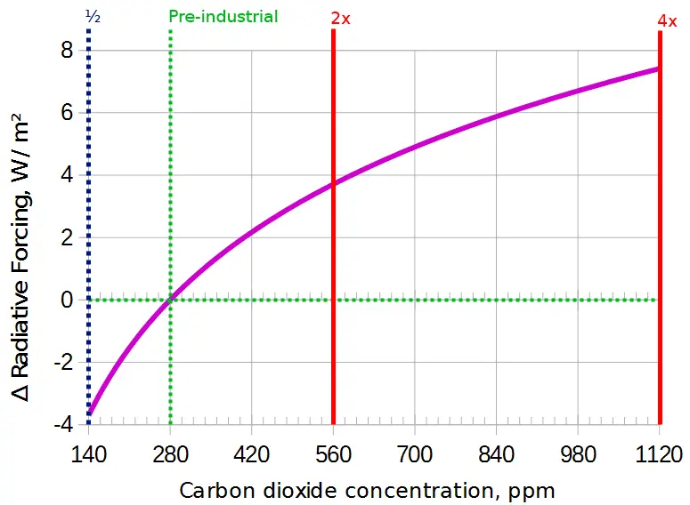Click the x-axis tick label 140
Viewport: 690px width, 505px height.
pyautogui.click(x=88, y=457)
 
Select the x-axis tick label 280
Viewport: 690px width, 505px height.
pyautogui.click(x=170, y=457)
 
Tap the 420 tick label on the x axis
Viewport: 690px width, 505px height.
pyautogui.click(x=252, y=457)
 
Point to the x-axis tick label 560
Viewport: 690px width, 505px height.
pyautogui.click(x=333, y=457)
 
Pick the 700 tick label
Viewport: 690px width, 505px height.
pyautogui.click(x=415, y=457)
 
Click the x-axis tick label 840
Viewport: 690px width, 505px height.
pyautogui.click(x=497, y=457)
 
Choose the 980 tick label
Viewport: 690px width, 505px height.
pyautogui.click(x=578, y=457)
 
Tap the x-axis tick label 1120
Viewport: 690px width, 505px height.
pyautogui.click(x=659, y=457)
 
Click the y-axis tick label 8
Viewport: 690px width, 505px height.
pyautogui.click(x=66, y=52)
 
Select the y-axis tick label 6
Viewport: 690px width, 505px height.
pyautogui.click(x=66, y=114)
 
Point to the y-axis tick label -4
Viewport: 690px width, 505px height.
pyautogui.click(x=62, y=425)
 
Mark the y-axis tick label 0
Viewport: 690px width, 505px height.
pyautogui.click(x=66, y=301)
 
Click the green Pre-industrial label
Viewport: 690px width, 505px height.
pyautogui.click(x=223, y=17)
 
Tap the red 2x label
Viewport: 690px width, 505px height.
pyautogui.click(x=340, y=18)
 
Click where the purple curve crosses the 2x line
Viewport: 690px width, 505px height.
pyautogui.click(x=333, y=185)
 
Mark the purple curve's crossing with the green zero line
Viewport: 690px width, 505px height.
pyautogui.click(x=169, y=300)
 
